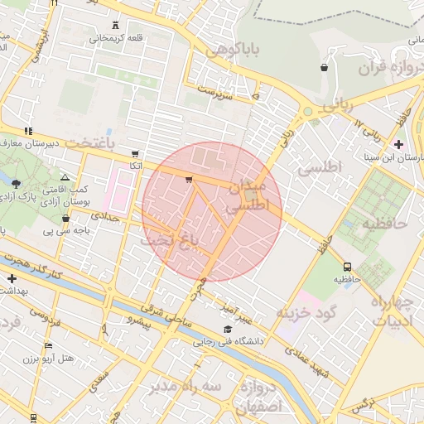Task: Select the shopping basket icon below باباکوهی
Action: pos(324,68)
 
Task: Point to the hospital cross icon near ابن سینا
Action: pos(399,144)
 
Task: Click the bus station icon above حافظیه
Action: pos(347,267)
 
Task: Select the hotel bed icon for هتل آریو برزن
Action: pos(48,345)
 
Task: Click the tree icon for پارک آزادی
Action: pos(17,183)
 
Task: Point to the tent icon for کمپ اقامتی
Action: pos(65,177)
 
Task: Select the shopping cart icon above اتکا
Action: pos(135,154)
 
